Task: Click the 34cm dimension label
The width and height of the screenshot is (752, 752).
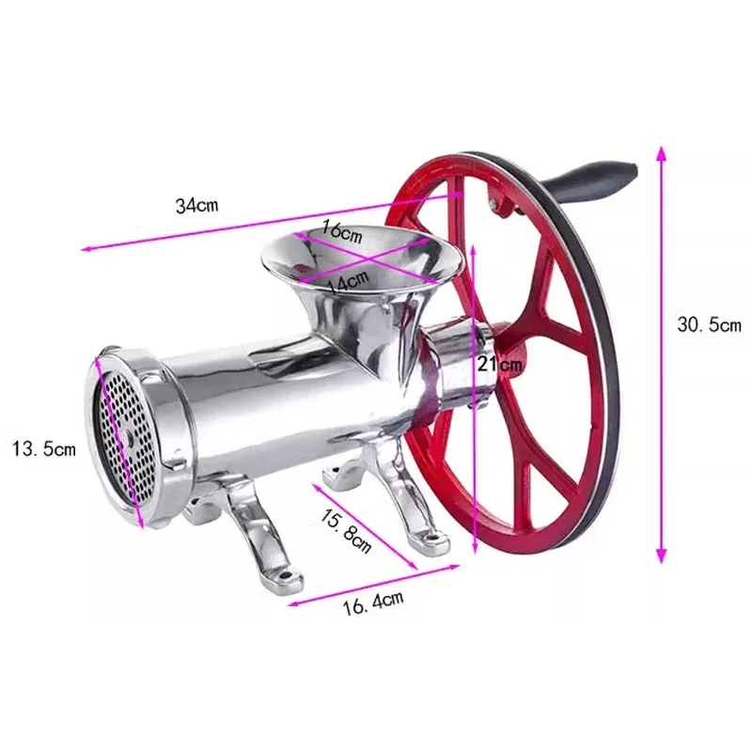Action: click(197, 206)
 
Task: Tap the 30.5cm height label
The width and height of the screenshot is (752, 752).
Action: click(710, 325)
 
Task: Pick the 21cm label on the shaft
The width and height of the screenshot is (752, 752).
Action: click(498, 365)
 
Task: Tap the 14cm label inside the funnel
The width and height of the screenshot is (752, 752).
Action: click(346, 280)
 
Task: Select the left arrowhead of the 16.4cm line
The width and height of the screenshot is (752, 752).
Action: click(290, 603)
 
